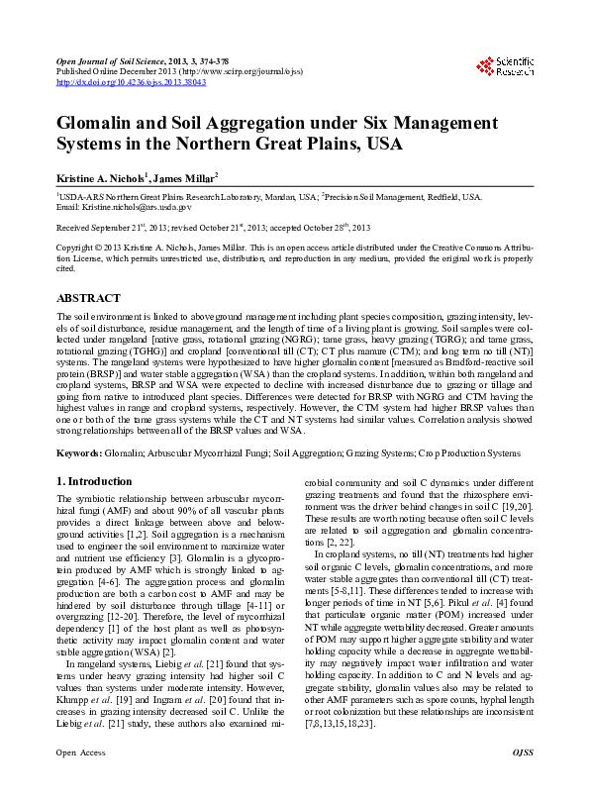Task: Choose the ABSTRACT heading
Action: point(89,297)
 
